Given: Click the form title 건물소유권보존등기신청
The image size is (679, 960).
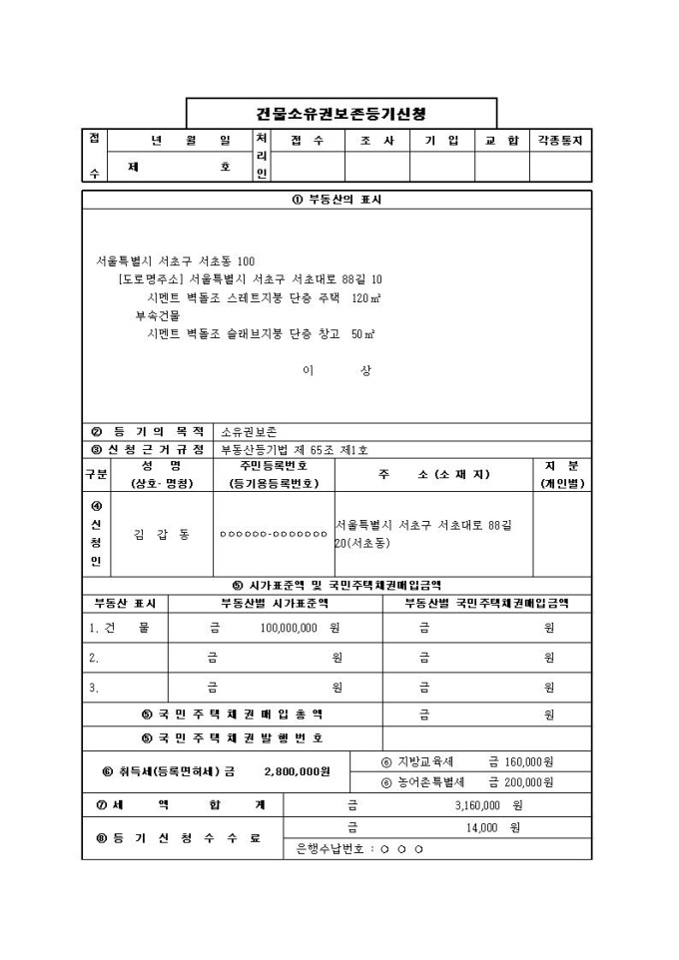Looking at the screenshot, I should click(341, 113).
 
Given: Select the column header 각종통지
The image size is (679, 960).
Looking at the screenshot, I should click(560, 141).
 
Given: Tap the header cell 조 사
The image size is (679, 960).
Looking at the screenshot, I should click(377, 141).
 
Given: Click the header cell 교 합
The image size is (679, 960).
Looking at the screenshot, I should click(501, 141).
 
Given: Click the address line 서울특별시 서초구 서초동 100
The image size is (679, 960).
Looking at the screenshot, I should click(176, 260).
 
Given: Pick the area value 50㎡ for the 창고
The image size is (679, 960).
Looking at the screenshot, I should click(362, 333).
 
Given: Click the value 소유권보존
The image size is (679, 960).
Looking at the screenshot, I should click(250, 432).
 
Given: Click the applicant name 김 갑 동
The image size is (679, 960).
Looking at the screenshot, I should click(162, 534).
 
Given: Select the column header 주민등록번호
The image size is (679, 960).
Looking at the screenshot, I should click(274, 466).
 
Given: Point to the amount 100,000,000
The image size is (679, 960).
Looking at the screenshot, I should click(289, 629).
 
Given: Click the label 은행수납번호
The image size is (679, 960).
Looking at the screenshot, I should click(330, 849).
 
